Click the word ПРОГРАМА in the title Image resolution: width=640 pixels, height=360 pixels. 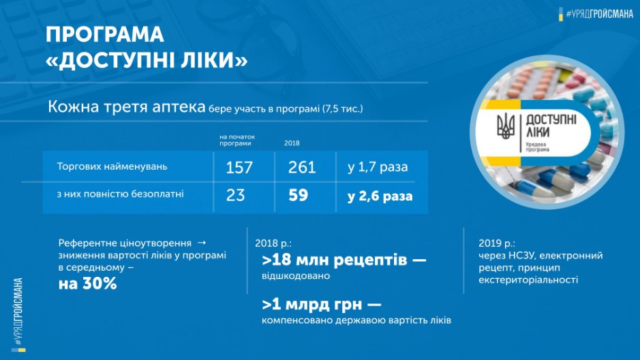coord(105,35)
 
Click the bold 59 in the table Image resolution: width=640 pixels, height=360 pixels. coord(299,195)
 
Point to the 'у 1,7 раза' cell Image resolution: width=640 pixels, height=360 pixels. coord(378,167)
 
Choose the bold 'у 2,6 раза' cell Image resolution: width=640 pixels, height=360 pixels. coord(380,196)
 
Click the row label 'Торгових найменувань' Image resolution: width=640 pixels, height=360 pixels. coord(112,166)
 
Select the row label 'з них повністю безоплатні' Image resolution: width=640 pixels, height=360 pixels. coord(121,194)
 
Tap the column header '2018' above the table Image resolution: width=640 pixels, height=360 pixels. coord(292,143)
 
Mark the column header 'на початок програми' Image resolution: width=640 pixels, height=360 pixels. coord(237,140)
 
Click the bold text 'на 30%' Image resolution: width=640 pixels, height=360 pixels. coord(88,283)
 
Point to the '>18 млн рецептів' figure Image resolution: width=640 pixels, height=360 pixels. coord(335,260)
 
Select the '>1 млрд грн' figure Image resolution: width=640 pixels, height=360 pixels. coord(312,304)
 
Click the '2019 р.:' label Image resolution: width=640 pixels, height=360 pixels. coord(497,243)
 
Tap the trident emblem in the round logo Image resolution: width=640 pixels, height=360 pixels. coord(505,127)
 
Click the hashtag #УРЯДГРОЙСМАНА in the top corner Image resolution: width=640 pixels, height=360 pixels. coord(600,14)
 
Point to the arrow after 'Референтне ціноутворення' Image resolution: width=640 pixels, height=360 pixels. coord(202,243)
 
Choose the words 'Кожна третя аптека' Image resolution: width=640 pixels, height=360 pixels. coord(127,107)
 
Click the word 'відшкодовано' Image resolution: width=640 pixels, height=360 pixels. coord(296,276)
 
